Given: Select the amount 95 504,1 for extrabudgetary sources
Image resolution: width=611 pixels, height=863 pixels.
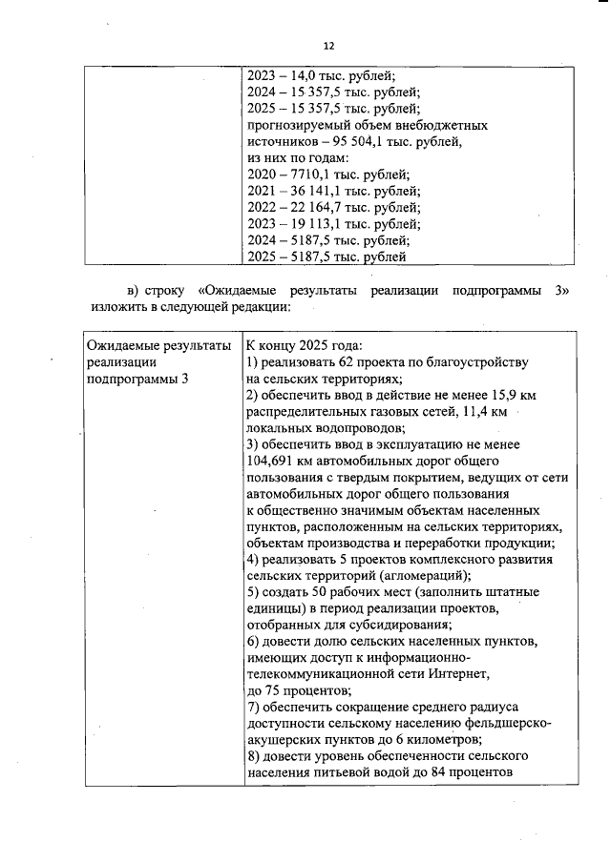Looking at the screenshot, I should point(377,141).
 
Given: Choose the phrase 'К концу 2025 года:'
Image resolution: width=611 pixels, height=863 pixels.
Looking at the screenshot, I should point(305,345).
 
